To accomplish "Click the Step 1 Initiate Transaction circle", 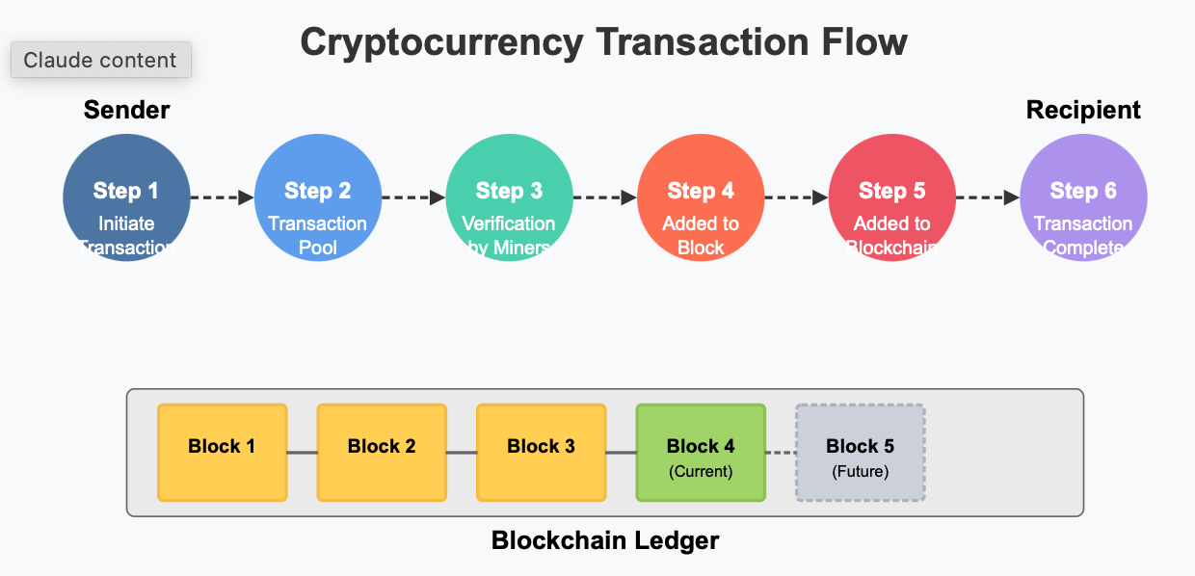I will coord(126,198).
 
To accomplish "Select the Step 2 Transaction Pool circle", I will coord(317,198).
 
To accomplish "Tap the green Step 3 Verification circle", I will coord(509,198).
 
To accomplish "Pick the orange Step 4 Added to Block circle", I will coord(701,198).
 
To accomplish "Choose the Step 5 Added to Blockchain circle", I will coord(891,198).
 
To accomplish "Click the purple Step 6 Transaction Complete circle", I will coord(1083,198).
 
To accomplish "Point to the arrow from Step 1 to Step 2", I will coord(222,198).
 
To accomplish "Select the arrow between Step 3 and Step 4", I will coord(604,198).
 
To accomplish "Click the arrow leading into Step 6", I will coord(988,198).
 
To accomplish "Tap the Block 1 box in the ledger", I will coord(223,453).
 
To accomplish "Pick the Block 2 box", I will coord(382,453).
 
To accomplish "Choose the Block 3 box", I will coord(542,453).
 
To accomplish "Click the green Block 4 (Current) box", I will coord(701,453).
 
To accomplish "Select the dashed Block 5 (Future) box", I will coord(860,453).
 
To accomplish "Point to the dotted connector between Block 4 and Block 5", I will coord(781,453).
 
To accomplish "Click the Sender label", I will coord(126,110).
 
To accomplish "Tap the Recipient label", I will coord(1083,110).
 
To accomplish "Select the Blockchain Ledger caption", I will coord(605,540).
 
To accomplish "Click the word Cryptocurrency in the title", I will coord(442,43).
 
